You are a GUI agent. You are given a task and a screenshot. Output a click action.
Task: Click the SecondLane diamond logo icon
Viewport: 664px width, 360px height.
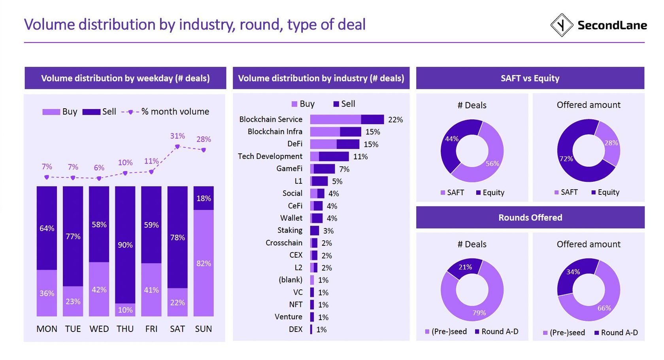562,25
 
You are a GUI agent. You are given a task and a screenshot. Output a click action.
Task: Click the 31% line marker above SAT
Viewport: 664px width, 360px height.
177,147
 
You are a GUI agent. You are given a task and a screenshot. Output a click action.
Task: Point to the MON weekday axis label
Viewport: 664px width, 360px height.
47,329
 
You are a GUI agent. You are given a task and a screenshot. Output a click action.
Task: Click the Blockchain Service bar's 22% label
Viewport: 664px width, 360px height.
395,120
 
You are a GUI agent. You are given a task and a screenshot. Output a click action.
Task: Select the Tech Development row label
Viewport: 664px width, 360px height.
270,156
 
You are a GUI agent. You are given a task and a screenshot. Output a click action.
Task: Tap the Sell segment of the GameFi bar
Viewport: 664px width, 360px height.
324,169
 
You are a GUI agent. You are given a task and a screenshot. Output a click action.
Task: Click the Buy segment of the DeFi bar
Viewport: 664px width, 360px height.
323,144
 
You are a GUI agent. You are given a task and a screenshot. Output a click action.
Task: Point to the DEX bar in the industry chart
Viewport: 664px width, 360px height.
311,330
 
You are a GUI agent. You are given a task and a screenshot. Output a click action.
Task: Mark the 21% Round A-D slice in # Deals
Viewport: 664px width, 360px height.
466,267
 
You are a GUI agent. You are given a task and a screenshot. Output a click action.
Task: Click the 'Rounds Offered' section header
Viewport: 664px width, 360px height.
530,218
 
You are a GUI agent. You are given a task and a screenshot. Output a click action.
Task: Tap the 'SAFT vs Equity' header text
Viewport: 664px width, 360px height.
530,78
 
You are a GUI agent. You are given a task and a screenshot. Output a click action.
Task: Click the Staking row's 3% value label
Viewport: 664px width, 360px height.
328,231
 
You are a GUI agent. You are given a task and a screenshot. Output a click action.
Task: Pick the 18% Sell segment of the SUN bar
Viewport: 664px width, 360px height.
204,198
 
